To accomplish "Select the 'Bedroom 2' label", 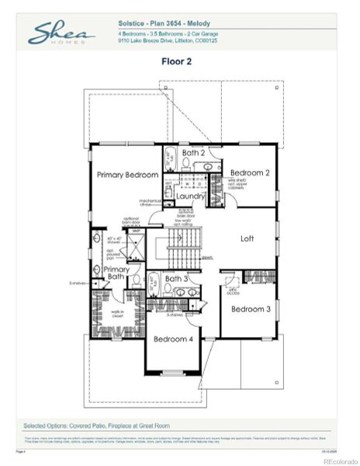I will pyautogui.click(x=250, y=172).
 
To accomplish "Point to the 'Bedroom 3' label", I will pyautogui.click(x=250, y=309).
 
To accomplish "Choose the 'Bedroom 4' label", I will pyautogui.click(x=173, y=339).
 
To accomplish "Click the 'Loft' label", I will pyautogui.click(x=247, y=238).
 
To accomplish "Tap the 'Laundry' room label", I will pyautogui.click(x=190, y=196).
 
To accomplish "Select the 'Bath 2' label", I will pyautogui.click(x=193, y=153).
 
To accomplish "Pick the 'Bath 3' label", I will pyautogui.click(x=176, y=278).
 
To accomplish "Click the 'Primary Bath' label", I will pyautogui.click(x=116, y=273).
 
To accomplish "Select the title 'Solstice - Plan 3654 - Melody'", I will pyautogui.click(x=164, y=24).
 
